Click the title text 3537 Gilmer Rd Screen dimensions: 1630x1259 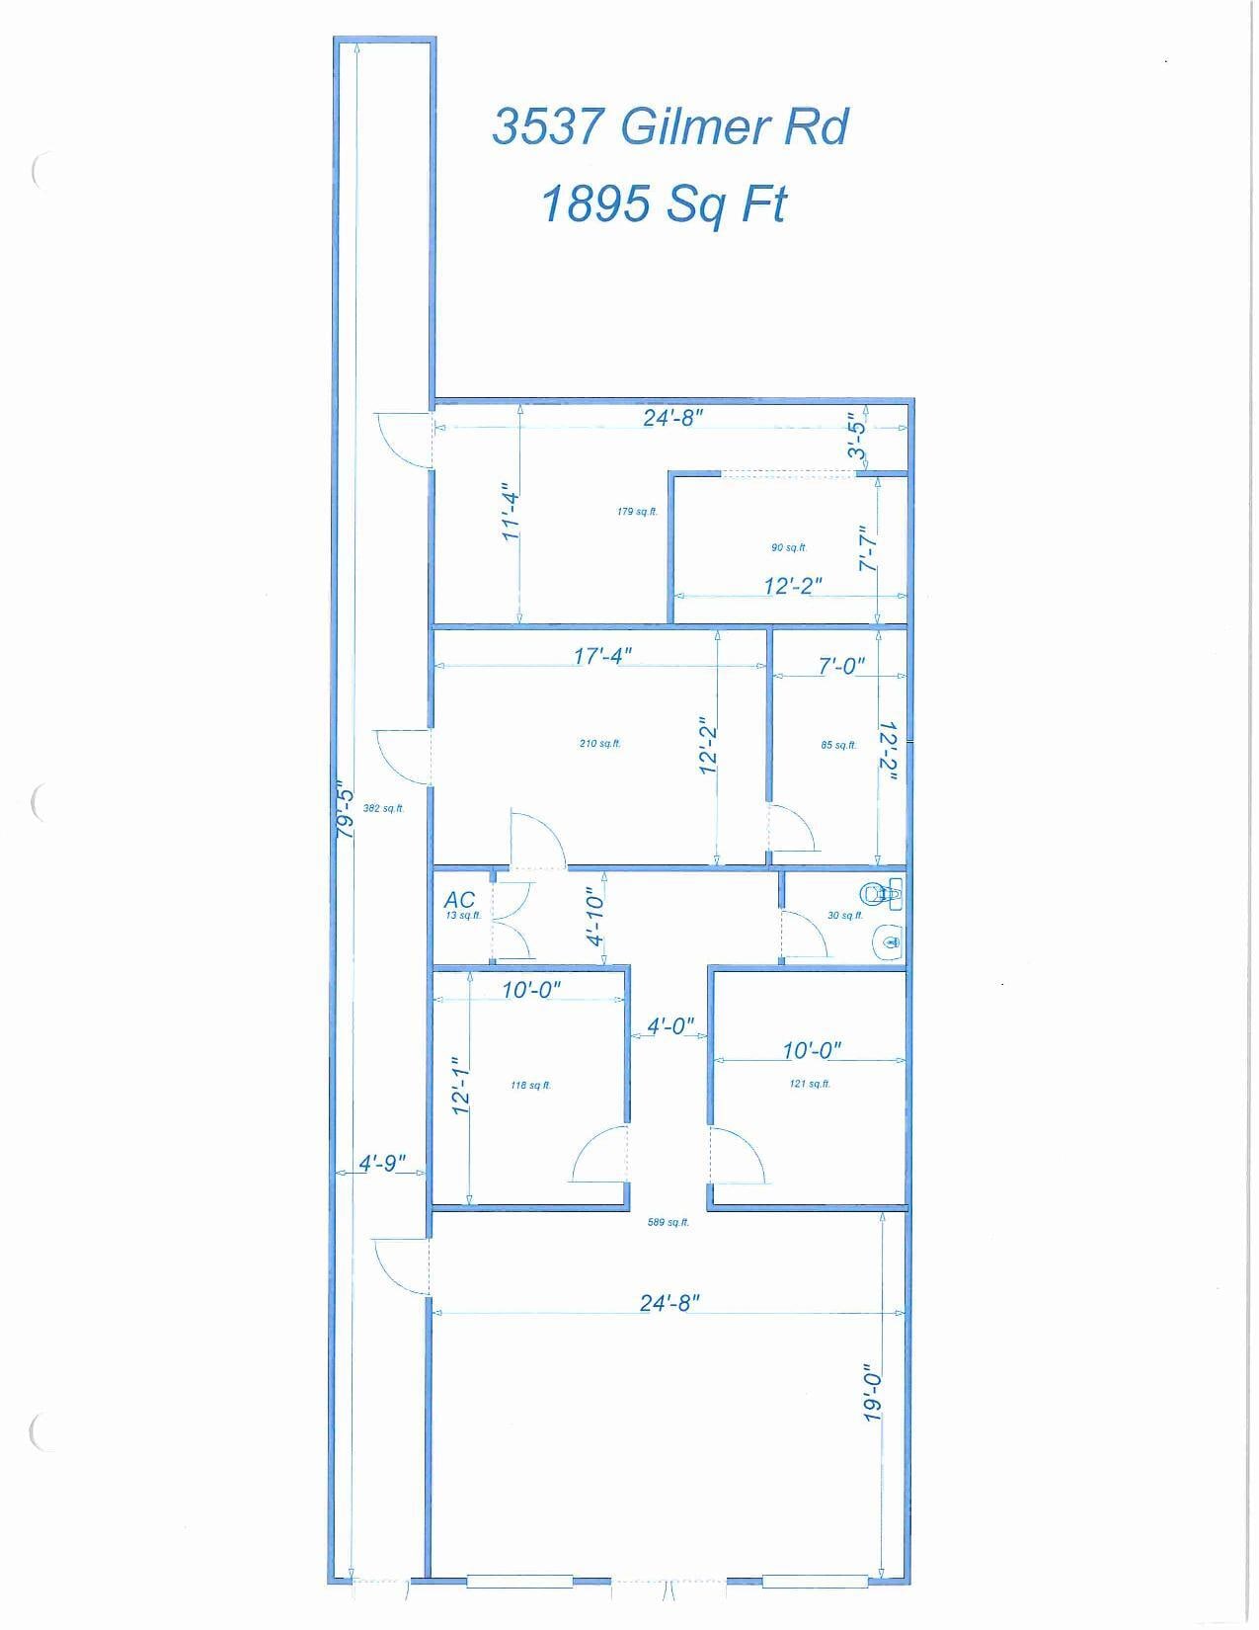669,127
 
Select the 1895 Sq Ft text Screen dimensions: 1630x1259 664,204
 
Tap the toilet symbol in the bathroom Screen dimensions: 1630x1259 881,894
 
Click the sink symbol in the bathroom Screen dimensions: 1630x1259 888,940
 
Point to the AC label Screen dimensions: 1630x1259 459,899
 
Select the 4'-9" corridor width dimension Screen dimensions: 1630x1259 381,1164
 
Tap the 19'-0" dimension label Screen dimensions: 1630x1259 872,1393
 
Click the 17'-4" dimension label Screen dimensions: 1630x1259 601,656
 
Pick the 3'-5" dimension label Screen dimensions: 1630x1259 857,441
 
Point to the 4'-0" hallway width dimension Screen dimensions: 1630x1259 670,1026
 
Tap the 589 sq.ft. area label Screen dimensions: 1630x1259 668,1222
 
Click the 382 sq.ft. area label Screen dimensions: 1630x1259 383,808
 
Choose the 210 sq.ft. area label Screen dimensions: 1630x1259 599,743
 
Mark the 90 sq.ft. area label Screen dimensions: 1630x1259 789,547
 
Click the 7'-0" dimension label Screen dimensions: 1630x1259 841,667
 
